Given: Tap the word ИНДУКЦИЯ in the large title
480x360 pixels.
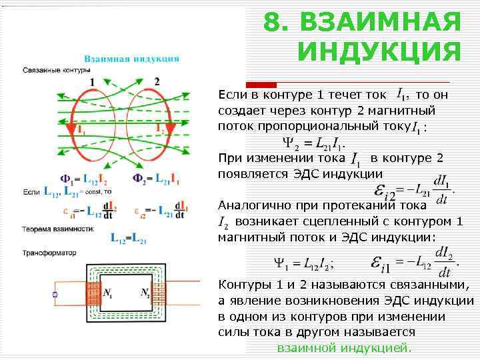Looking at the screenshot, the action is point(379,51).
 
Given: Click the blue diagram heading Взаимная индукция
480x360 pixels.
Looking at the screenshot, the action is point(131,58).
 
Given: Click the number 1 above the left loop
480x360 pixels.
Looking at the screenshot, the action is point(93,81).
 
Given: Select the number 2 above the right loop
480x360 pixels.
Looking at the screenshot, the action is point(157,81).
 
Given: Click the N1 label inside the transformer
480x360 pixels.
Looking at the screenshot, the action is point(108,292).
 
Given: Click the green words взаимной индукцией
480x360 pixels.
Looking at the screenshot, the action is point(344,348).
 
